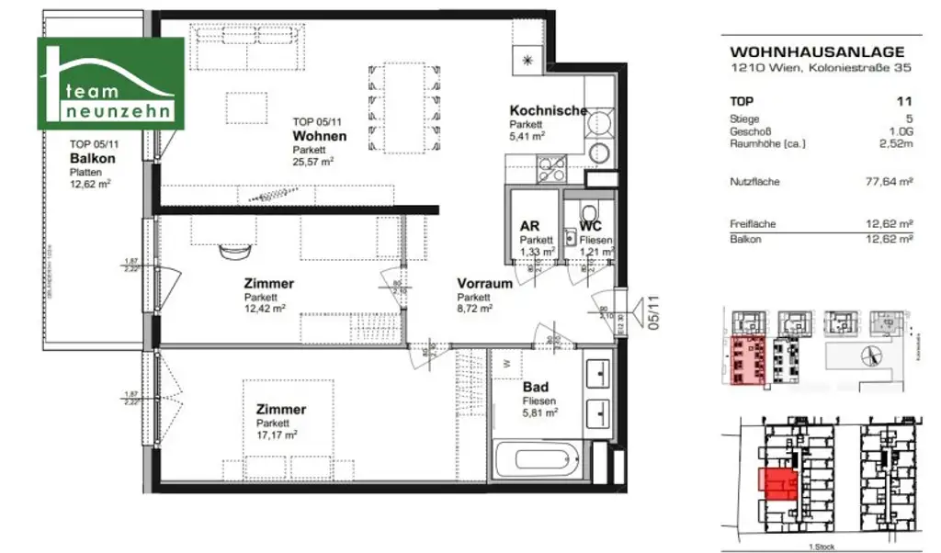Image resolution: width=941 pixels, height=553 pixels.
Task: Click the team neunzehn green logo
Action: tap(110, 83)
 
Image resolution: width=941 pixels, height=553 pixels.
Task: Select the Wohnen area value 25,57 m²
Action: tap(312, 162)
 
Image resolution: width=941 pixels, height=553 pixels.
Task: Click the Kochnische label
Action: tap(548, 111)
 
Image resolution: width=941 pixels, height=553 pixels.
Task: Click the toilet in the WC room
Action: tap(589, 207)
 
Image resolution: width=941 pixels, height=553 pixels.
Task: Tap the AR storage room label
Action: tap(529, 225)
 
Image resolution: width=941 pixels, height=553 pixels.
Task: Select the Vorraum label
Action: tap(484, 284)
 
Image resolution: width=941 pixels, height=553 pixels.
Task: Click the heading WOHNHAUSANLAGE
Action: tap(816, 52)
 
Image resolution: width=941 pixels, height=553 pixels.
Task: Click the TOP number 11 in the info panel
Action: tap(907, 102)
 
